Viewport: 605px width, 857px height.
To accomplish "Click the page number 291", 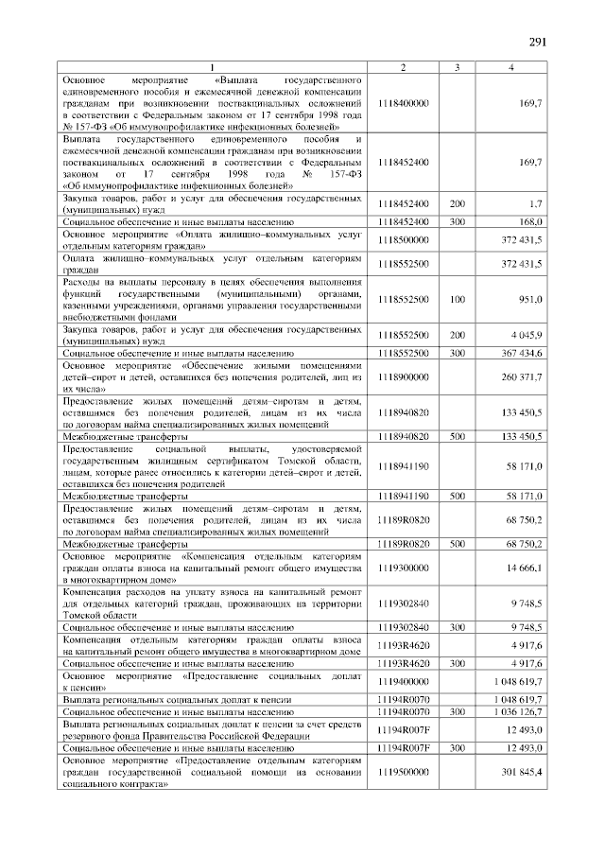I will click(537, 42).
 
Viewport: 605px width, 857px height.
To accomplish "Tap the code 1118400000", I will click(403, 101).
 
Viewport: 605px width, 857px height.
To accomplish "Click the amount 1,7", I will click(535, 203).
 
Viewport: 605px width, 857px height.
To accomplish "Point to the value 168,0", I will click(530, 220).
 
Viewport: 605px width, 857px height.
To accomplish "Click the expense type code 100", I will click(457, 300).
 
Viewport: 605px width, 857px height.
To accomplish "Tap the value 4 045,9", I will click(526, 335).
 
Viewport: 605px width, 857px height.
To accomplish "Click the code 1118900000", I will click(403, 376).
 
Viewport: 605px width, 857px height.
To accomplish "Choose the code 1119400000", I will click(403, 680).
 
